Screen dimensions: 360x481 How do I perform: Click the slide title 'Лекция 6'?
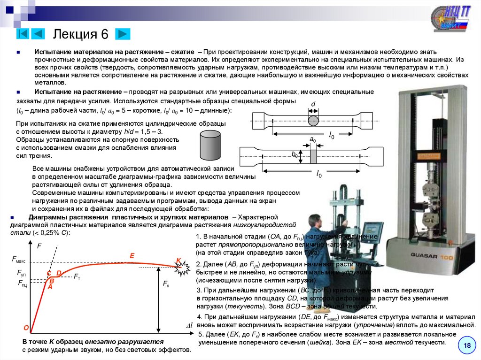coord(81,34)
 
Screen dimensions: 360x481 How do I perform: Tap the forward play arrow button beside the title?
coord(122,34)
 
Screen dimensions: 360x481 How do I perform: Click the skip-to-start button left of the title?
coord(23,34)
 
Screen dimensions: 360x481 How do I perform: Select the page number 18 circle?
coord(467,345)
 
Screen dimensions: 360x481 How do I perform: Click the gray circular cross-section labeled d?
coord(313,120)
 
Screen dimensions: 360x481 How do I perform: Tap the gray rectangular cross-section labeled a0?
coord(313,155)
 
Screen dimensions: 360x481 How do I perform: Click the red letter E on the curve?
coord(132,256)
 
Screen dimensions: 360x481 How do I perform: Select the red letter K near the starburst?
coord(178,261)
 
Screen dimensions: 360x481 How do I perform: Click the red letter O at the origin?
coord(26,328)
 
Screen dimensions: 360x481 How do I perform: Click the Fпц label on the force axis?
coord(23,283)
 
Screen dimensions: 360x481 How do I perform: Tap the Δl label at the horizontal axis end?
coord(189,326)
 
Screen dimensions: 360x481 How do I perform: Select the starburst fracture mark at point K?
coord(182,268)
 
